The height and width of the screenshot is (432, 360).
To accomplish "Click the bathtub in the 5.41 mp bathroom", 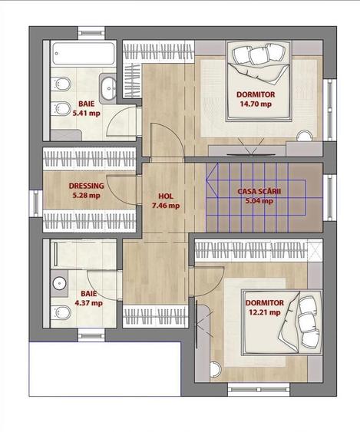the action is (x=83, y=54).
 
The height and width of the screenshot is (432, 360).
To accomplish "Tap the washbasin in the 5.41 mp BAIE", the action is (x=108, y=88).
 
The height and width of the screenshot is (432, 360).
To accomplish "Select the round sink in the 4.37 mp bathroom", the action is (x=59, y=283).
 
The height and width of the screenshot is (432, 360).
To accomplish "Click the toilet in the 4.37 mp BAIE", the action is (x=61, y=313).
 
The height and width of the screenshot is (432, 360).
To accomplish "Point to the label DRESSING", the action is (x=86, y=186).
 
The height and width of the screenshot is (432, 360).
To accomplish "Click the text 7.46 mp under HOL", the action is (x=166, y=206).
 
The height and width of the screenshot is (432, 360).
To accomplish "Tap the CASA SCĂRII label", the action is (x=259, y=191).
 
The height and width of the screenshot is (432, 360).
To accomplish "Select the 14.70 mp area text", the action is (x=256, y=104).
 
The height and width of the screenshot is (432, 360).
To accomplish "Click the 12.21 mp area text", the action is (x=265, y=312).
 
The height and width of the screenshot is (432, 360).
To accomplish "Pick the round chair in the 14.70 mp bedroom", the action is (x=306, y=136).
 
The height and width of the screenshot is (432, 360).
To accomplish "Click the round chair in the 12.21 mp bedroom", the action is (x=215, y=369).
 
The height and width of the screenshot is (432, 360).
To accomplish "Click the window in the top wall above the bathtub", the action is (x=91, y=33).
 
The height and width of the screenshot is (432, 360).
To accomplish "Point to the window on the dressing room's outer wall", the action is (x=36, y=203).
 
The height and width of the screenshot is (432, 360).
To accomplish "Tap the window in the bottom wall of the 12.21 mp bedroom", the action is (x=259, y=390).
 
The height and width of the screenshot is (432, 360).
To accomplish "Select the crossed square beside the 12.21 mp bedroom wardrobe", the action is (x=315, y=249).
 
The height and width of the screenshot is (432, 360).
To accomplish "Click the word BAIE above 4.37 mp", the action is (x=89, y=294).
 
